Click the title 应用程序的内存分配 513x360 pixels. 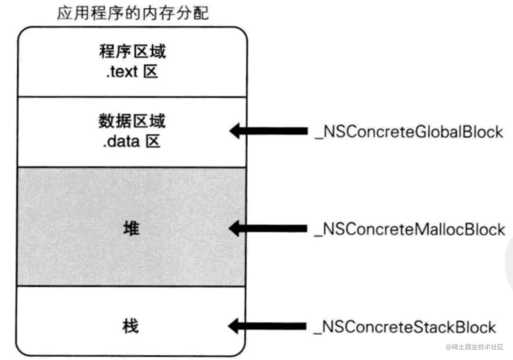point(133,13)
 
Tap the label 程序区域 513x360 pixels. point(132,51)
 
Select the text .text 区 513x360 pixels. point(132,71)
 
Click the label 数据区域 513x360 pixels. point(132,121)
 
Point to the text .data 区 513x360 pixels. point(131,141)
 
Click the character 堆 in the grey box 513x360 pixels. point(131,228)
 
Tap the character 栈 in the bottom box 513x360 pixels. point(130,326)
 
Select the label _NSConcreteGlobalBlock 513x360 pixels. point(409,132)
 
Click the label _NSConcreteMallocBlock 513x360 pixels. point(410,229)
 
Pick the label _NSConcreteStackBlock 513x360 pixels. point(405,327)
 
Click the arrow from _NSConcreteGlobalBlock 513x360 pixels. point(268,131)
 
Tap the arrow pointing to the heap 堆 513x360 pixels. point(268,228)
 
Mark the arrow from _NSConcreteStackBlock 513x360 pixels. point(267,326)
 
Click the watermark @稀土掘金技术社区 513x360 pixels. point(474,347)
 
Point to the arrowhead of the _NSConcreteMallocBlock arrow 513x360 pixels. point(233,228)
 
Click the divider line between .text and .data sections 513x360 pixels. point(132,97)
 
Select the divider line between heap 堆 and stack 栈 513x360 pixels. point(131,286)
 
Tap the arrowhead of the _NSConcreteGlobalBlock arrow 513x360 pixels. point(234,131)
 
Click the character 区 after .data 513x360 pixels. point(153,141)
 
